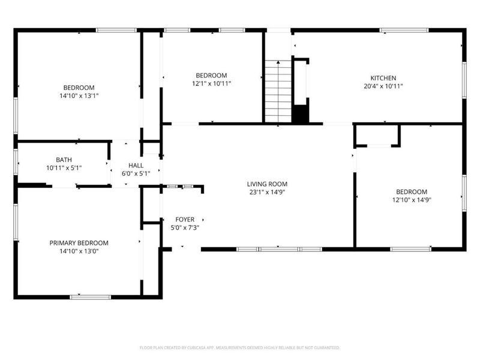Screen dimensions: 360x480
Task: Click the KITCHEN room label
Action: (x=383, y=78)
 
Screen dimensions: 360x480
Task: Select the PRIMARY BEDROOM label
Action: (x=79, y=243)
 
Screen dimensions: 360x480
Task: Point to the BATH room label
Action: (x=64, y=160)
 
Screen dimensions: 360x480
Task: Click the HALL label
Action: (x=135, y=165)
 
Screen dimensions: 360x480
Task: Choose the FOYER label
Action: (x=184, y=220)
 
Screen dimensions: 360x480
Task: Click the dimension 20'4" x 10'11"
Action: (x=383, y=86)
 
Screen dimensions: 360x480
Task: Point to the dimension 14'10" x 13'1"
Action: (x=79, y=95)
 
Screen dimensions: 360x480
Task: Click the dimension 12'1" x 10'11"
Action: (x=211, y=84)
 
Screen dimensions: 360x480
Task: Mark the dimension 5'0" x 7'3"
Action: (x=184, y=228)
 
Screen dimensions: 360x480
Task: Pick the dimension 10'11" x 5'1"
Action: (x=64, y=168)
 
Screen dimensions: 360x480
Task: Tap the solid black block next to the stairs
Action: (x=300, y=113)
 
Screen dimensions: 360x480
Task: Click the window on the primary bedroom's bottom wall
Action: (x=90, y=296)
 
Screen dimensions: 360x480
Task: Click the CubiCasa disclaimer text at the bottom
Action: (x=240, y=347)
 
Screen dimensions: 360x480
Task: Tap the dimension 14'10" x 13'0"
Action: (x=79, y=251)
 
